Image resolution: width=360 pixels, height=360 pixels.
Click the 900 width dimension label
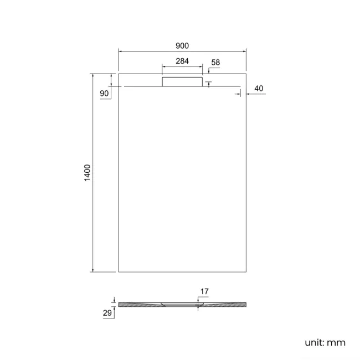tap(182, 45)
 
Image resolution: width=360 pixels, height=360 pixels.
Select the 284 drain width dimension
tap(182, 61)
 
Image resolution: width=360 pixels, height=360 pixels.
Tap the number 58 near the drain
tap(215, 63)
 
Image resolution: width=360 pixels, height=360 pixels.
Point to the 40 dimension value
tap(259, 89)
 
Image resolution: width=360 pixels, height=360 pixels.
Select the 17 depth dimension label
tap(204, 291)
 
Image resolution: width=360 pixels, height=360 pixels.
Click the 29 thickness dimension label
tap(107, 313)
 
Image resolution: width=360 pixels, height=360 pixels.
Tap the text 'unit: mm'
tap(325, 343)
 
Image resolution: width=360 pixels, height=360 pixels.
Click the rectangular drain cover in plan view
tap(182, 81)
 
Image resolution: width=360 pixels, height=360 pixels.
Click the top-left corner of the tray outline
tap(119, 73)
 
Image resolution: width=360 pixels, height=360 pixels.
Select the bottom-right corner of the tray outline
tap(246, 272)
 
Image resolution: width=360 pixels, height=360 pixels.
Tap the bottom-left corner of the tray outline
tap(119, 272)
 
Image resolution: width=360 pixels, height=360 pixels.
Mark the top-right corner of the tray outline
tap(246, 73)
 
